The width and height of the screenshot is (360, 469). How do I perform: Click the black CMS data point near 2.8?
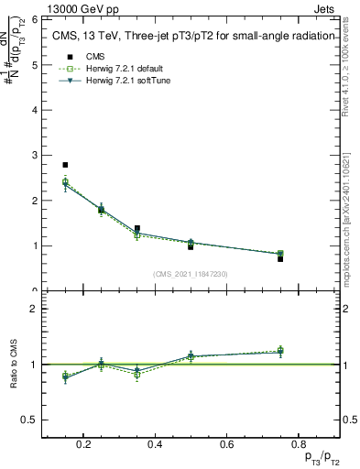65,165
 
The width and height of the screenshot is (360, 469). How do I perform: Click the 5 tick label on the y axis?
33,65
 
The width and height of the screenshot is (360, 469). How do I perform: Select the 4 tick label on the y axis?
33,110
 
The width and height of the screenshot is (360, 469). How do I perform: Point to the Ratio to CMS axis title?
13,364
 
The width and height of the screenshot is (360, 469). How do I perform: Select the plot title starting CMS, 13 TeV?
190,37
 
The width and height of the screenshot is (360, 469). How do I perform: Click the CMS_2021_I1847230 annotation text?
191,274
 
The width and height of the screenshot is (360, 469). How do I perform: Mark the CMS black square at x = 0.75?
280,259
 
